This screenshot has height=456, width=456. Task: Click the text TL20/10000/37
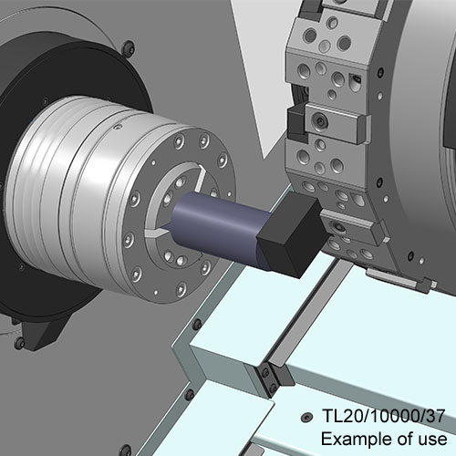coord(383,416)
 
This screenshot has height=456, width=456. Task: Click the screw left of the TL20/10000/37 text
coord(306,418)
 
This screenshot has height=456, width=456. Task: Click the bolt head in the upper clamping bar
coord(320,122)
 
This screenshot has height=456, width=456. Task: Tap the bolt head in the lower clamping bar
coord(337,227)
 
